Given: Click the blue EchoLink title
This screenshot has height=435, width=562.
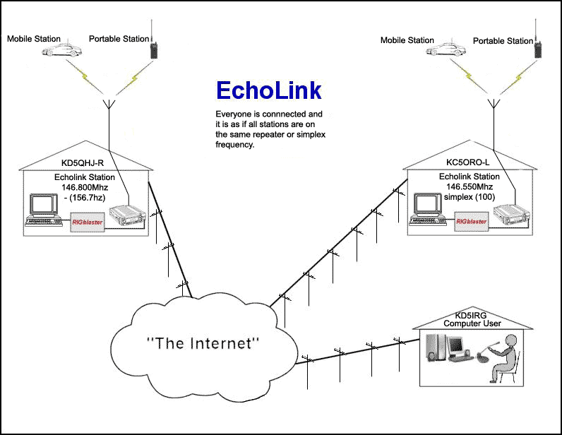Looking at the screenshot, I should (268, 90).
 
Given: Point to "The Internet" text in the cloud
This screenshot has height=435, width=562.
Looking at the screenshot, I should (203, 344).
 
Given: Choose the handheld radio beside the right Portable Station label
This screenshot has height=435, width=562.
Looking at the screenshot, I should (536, 47).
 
